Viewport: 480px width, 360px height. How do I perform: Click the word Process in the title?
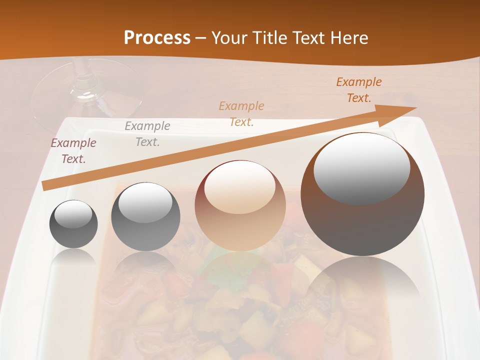coord(157,37)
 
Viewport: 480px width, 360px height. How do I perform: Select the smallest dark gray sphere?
coord(73,224)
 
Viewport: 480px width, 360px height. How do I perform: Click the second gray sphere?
coord(145,216)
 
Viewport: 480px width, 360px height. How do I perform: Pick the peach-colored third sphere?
coord(240,205)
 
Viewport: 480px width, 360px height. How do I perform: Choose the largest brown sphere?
coord(362,194)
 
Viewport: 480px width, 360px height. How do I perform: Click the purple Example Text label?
coord(73,151)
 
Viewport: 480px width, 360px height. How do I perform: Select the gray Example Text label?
coord(147,134)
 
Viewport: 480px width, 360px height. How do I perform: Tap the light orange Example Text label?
coord(241,114)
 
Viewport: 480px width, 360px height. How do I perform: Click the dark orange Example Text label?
coord(358,90)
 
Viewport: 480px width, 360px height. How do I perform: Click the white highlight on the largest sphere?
coord(361,168)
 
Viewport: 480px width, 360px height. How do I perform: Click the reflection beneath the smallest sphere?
coord(73,257)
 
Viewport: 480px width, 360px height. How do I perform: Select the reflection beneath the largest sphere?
coord(362,280)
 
